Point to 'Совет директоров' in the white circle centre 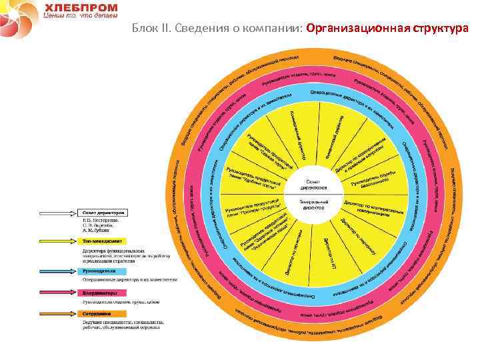315,185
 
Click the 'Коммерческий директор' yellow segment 299,133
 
